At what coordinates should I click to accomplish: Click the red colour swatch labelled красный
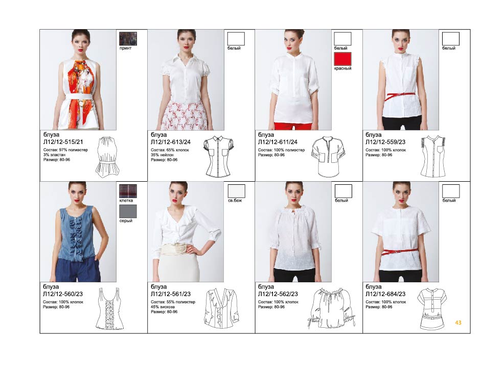point(342,59)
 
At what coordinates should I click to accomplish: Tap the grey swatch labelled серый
point(128,211)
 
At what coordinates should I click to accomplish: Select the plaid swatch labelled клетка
point(128,191)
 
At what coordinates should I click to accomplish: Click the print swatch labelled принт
point(128,39)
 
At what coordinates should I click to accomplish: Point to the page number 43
point(458,322)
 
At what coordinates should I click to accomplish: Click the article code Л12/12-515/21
point(63,142)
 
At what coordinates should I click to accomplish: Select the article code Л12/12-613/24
point(171,142)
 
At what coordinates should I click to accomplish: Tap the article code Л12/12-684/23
point(385,294)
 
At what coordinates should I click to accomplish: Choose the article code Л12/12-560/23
point(63,294)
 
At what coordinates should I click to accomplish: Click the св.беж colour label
point(235,200)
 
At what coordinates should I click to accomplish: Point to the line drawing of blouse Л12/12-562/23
point(332,308)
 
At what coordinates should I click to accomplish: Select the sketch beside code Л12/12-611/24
point(328,156)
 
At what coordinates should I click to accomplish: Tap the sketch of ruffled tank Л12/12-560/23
point(109,308)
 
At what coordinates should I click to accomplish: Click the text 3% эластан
point(54,155)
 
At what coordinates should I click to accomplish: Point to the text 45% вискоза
point(163,307)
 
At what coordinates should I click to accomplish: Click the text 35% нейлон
point(163,155)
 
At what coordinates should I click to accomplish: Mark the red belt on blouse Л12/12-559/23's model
point(401,95)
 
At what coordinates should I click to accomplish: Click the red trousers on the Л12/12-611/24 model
point(293,126)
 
